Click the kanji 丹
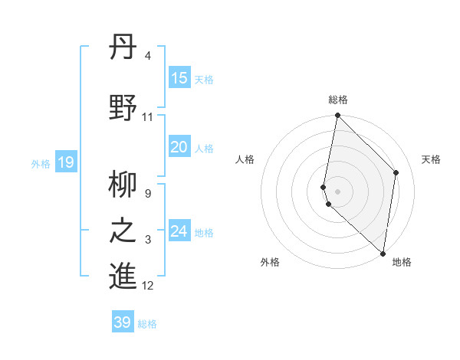pos(123,49)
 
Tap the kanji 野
pos(123,106)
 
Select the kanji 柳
pos(123,186)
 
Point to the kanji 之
pos(123,231)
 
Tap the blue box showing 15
pos(179,79)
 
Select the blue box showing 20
pos(179,148)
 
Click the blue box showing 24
pos(179,231)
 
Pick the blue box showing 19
pos(65,162)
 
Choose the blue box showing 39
pos(123,322)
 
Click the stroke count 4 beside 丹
pos(147,57)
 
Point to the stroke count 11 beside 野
pos(147,117)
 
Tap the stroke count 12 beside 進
pos(148,286)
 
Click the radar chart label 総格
pos(338,100)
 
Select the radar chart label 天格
pos(431,159)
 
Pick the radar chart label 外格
pos(270,263)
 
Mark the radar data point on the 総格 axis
pos(337,116)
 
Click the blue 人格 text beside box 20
pos(204,149)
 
